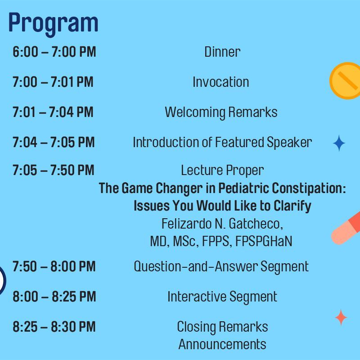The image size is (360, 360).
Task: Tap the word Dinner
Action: coord(222,52)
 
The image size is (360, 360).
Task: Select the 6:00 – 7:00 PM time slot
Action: coord(54,52)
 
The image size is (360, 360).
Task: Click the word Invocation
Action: coord(220,82)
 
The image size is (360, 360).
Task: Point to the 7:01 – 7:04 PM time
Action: coord(53,112)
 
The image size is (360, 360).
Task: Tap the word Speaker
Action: coord(289,143)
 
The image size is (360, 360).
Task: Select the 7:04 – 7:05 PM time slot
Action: coord(54,142)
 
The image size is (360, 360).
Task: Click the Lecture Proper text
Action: coord(222,171)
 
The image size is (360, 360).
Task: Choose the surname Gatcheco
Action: coord(256,224)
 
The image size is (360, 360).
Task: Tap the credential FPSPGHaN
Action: coord(264,241)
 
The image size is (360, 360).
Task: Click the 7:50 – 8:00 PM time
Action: coord(54,266)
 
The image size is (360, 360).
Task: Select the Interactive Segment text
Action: coord(222,297)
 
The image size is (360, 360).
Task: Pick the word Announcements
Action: coord(222,344)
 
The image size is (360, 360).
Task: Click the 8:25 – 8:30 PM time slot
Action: coord(54,327)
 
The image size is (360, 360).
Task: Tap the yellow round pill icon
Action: coord(345,81)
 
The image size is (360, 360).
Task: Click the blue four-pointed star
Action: coord(339,143)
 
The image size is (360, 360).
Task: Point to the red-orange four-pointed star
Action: coord(341,318)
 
